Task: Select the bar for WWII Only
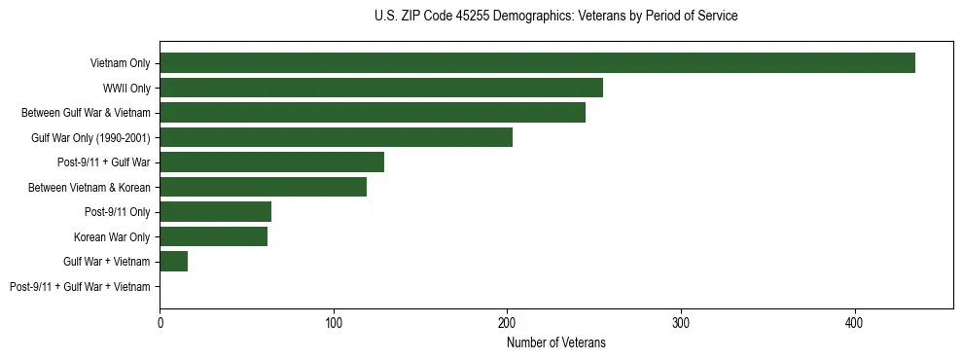coord(381,88)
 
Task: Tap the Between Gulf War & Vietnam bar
coord(373,113)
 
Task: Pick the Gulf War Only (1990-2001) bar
coord(336,137)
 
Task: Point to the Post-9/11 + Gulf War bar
coord(271,162)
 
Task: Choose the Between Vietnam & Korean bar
coord(263,187)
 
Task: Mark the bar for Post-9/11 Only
coord(215,212)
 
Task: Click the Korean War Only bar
coord(213,236)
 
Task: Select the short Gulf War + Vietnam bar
coord(173,262)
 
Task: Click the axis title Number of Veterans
coord(556,342)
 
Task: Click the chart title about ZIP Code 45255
coord(556,17)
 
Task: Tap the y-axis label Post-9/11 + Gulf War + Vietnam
coord(80,287)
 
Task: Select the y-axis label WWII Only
coord(126,89)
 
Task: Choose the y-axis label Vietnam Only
coord(120,64)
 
